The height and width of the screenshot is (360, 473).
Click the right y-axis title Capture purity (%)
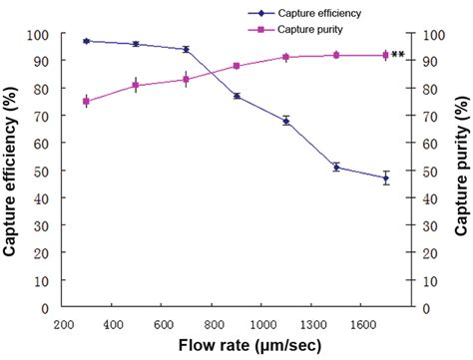(x=462, y=172)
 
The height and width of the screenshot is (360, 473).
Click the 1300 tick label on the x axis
(x=311, y=324)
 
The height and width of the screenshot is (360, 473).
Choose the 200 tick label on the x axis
(x=63, y=324)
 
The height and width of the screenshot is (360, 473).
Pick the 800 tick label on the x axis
(x=213, y=324)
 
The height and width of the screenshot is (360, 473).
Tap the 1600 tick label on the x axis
(x=361, y=324)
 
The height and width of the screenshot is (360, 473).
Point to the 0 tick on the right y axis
(x=422, y=309)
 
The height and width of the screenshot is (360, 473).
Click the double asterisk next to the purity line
(x=398, y=56)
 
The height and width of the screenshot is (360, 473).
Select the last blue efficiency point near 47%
(x=385, y=179)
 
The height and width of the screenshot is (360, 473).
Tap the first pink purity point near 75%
(x=87, y=102)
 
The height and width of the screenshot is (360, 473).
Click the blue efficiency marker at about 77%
(x=236, y=96)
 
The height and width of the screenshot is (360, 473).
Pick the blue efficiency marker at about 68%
(x=285, y=121)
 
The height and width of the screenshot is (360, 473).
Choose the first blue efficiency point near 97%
(x=87, y=41)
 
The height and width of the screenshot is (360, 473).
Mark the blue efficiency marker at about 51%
(x=336, y=167)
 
